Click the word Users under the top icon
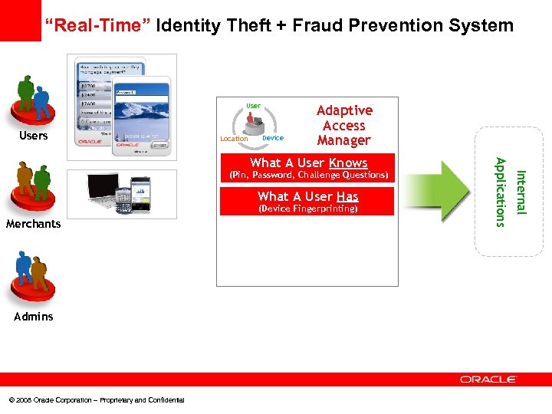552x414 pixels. tap(33, 136)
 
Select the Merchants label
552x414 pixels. tap(33, 224)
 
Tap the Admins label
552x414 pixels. tap(33, 316)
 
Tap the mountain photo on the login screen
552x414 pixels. tap(142, 113)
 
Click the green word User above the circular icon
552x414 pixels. tap(253, 106)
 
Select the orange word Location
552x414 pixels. tap(234, 139)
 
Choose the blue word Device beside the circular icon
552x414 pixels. tap(272, 138)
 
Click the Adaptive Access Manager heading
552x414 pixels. tap(344, 126)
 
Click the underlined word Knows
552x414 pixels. tap(348, 163)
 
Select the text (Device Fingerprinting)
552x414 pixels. tap(307, 209)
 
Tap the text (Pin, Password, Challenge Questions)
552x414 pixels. tap(307, 175)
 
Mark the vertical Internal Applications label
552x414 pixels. tap(510, 191)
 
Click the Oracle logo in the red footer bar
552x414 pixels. tap(488, 379)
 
